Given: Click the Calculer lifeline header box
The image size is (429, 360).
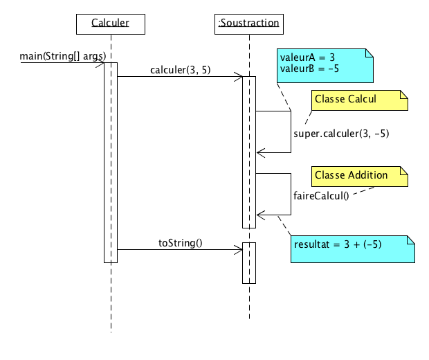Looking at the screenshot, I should point(111,24).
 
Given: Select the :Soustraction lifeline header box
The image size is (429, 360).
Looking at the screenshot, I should point(248,24).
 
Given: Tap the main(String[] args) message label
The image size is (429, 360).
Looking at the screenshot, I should point(63,55).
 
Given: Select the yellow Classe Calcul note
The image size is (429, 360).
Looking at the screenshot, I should point(359,100).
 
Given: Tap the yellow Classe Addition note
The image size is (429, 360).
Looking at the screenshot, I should point(359,176).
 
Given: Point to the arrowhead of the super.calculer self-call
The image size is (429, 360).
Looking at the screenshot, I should point(259,152).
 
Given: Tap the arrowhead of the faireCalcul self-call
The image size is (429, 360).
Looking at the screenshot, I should point(259,215).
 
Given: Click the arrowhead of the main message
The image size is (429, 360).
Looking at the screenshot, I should point(101,63).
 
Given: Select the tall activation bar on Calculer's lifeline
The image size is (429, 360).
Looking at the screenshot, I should point(111,163).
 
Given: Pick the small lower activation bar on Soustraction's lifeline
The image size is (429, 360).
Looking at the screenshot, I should point(249,263).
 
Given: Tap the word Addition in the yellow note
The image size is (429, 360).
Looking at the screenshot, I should point(367,175).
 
